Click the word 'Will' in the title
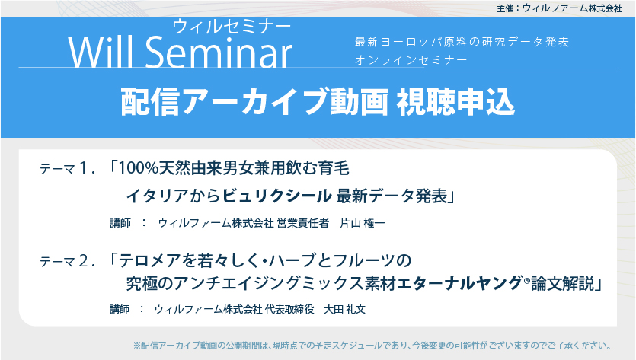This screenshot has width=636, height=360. coord(101,52)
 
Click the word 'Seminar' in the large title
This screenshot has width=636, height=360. coord(219,52)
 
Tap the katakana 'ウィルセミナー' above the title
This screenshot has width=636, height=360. coord(232,27)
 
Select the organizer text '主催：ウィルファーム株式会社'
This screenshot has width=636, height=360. coord(559,8)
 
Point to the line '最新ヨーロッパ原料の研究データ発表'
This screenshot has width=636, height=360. coord(462,42)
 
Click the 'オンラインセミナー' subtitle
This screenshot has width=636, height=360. coord(411,60)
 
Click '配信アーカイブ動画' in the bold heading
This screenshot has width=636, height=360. coord(254,101)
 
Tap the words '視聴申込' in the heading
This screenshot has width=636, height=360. coord(455,101)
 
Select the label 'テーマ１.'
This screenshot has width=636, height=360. coord(68,168)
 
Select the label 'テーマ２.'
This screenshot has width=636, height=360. coord(68,261)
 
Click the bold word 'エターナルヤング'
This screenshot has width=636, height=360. coord(459,283)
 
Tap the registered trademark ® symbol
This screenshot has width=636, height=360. coord(527,279)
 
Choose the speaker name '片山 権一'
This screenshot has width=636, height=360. coord(363,223)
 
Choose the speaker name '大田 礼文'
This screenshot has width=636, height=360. coord(345,309)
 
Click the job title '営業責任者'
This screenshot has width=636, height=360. coord(302,223)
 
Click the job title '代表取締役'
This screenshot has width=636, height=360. coord(289,309)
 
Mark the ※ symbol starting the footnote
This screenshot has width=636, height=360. coord(137,346)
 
